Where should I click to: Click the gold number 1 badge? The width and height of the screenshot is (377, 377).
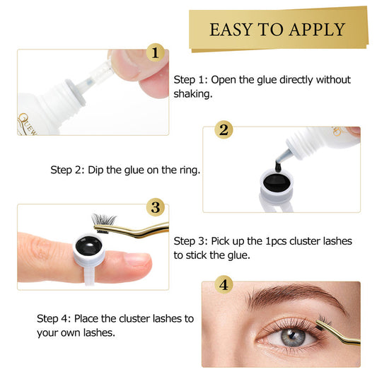[156, 52]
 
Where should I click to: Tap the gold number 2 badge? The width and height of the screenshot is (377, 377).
[224, 130]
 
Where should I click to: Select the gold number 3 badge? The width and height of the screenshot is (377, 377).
[156, 207]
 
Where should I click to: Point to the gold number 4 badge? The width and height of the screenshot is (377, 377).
[224, 284]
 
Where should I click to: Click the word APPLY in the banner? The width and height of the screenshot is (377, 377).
[318, 30]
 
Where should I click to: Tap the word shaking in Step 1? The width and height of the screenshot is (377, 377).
[193, 94]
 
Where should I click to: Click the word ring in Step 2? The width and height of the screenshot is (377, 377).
[190, 170]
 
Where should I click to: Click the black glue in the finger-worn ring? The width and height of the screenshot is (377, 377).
[88, 245]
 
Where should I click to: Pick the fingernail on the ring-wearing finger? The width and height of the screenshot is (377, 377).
[137, 260]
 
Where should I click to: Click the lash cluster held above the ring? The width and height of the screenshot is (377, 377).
[103, 221]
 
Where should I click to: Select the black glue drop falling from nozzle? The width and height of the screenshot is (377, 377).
[278, 166]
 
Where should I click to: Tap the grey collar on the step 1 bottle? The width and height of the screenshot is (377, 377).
[76, 93]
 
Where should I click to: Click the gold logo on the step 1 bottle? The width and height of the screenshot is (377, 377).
[27, 124]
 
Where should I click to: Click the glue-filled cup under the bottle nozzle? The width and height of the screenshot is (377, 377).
[277, 186]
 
